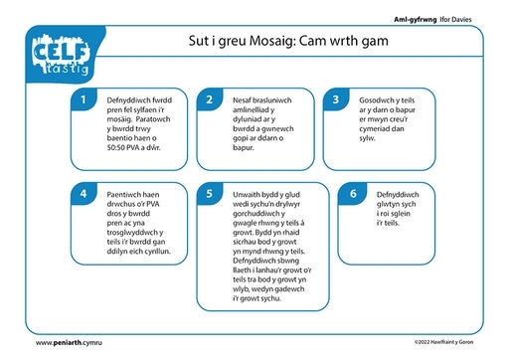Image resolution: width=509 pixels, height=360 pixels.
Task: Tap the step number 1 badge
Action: tap(84, 99)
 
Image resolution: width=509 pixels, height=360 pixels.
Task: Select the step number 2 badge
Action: tap(209, 99)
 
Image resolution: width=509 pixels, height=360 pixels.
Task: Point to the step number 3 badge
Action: tap(336, 99)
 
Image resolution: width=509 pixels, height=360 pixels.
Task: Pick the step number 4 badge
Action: tap(84, 193)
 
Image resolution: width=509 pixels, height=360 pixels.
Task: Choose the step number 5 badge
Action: tap(209, 193)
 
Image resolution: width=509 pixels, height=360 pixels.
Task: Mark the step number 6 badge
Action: tap(353, 193)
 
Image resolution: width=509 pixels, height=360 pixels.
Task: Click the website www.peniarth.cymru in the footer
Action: tap(69, 342)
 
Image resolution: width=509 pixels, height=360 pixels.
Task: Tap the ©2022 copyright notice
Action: tap(443, 342)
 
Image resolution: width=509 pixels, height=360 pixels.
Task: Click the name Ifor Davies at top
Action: tap(455, 19)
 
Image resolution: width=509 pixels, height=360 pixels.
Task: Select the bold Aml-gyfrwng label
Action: tap(416, 20)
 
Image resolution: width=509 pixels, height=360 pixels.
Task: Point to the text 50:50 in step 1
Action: tap(116, 147)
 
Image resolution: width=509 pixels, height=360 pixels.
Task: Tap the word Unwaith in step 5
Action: tap(247, 195)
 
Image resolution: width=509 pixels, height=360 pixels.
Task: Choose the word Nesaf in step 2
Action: tap(242, 100)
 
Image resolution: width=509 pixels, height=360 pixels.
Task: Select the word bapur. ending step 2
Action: tap(244, 148)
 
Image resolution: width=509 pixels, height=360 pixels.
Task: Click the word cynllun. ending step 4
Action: tap(157, 252)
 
